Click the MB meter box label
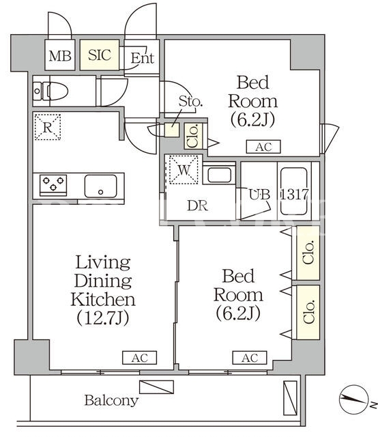click(60, 56)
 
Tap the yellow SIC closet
click(100, 55)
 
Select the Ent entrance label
click(143, 58)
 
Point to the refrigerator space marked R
click(48, 127)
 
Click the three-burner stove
click(53, 184)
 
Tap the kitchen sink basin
click(100, 186)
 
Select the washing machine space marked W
click(184, 170)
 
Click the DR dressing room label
click(197, 206)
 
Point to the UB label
click(259, 195)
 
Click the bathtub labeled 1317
click(294, 191)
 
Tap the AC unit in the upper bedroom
click(263, 147)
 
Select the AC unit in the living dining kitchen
click(140, 358)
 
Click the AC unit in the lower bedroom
click(250, 358)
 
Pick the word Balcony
click(111, 401)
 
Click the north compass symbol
click(353, 399)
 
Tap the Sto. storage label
click(190, 101)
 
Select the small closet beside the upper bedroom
click(193, 136)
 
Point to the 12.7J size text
click(103, 318)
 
